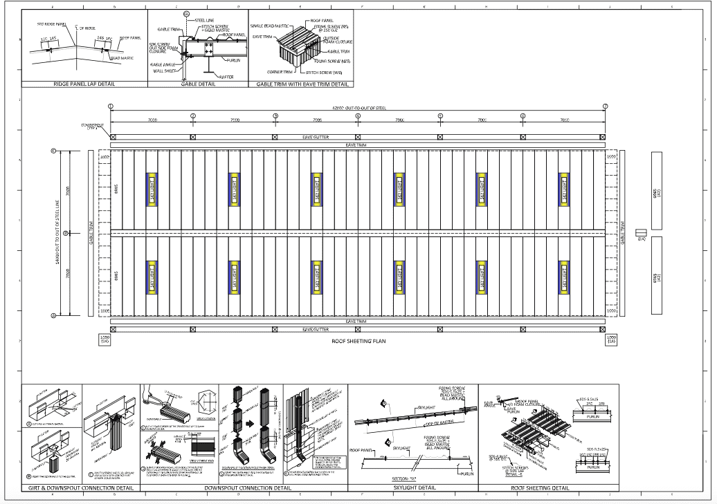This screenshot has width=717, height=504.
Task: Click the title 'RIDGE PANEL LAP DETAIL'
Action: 84,84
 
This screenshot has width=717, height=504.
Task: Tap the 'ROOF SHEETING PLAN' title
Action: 358,341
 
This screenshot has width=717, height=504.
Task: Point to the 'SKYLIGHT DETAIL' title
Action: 413,488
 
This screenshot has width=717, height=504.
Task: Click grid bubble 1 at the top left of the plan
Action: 111,106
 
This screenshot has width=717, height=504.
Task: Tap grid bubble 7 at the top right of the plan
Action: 604,106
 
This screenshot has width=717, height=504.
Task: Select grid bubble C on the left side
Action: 53,150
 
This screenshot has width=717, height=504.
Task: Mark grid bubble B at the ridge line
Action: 65,234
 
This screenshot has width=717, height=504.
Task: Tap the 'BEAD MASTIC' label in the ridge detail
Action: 122,58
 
